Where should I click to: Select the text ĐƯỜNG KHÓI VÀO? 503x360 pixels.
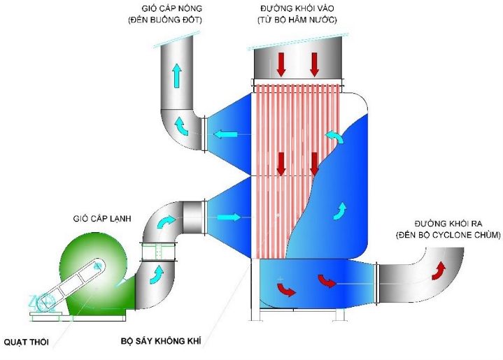point(297,8)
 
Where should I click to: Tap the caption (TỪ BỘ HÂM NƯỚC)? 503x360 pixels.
point(297,20)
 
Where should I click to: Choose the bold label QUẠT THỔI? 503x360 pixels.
point(28,342)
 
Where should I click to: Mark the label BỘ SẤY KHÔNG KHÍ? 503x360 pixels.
point(163,343)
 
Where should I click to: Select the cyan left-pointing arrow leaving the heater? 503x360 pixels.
point(226,134)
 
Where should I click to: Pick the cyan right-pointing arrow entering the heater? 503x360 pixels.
point(227,217)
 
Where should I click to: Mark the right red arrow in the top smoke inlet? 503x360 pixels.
point(314,64)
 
